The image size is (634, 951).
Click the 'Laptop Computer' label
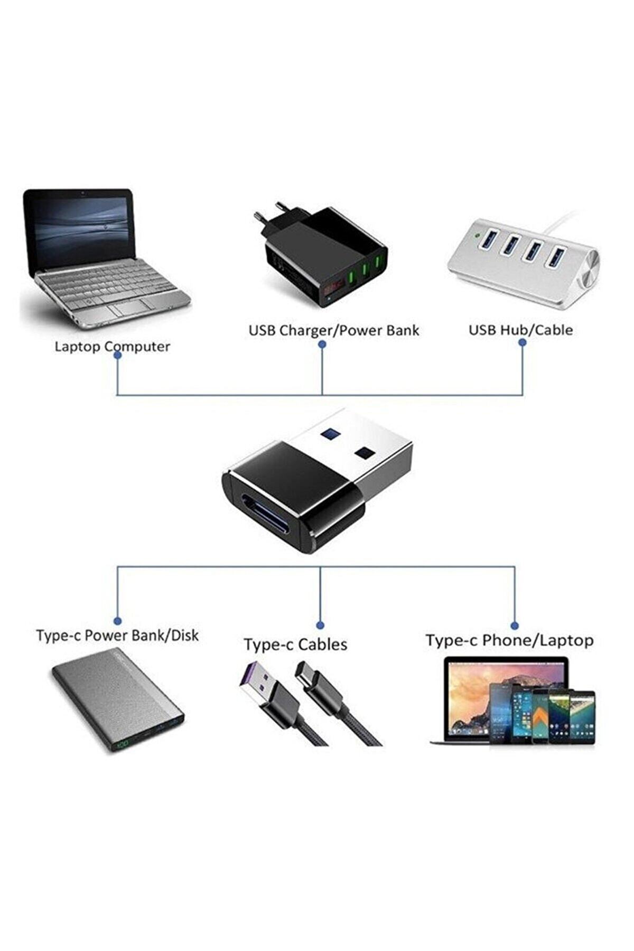(x=112, y=347)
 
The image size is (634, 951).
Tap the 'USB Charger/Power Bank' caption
(x=333, y=330)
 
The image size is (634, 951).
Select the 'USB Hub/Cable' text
(x=520, y=330)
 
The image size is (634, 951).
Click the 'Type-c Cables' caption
(x=295, y=645)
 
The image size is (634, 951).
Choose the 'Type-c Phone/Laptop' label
(x=509, y=640)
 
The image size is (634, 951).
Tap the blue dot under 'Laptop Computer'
(x=118, y=356)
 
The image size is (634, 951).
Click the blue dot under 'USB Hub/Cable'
(x=523, y=342)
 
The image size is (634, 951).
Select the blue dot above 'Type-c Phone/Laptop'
(x=515, y=626)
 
